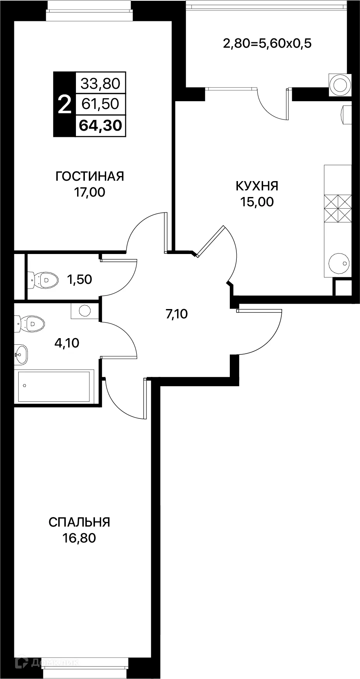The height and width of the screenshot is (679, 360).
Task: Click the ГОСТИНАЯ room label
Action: (x=90, y=176)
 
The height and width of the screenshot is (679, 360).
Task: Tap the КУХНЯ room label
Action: (x=257, y=186)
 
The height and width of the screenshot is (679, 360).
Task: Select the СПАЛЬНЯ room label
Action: (x=79, y=522)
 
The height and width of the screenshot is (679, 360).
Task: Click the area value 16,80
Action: (x=79, y=538)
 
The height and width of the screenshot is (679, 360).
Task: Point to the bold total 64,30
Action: (x=100, y=125)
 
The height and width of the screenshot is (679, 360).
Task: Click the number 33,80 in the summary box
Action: (x=100, y=83)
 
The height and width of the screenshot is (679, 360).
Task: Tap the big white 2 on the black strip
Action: (x=64, y=104)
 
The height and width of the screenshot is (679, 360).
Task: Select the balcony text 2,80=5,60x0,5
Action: (x=267, y=43)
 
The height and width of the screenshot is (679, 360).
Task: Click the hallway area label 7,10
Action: (x=176, y=314)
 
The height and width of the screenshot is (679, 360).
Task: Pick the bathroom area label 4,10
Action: (x=67, y=343)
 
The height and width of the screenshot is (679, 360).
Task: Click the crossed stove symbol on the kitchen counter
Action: (x=338, y=209)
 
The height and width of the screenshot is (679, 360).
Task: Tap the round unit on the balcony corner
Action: (x=340, y=84)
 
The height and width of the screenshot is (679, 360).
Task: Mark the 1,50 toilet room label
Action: (x=79, y=279)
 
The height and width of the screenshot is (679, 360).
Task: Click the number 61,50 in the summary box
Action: (x=100, y=104)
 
